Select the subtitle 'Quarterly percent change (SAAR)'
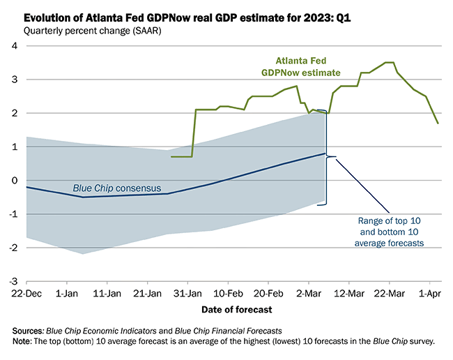point(91,30)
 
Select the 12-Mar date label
point(351,294)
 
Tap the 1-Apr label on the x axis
point(429,294)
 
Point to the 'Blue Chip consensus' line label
point(117,188)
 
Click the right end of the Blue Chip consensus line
point(325,153)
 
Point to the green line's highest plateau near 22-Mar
point(390,63)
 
